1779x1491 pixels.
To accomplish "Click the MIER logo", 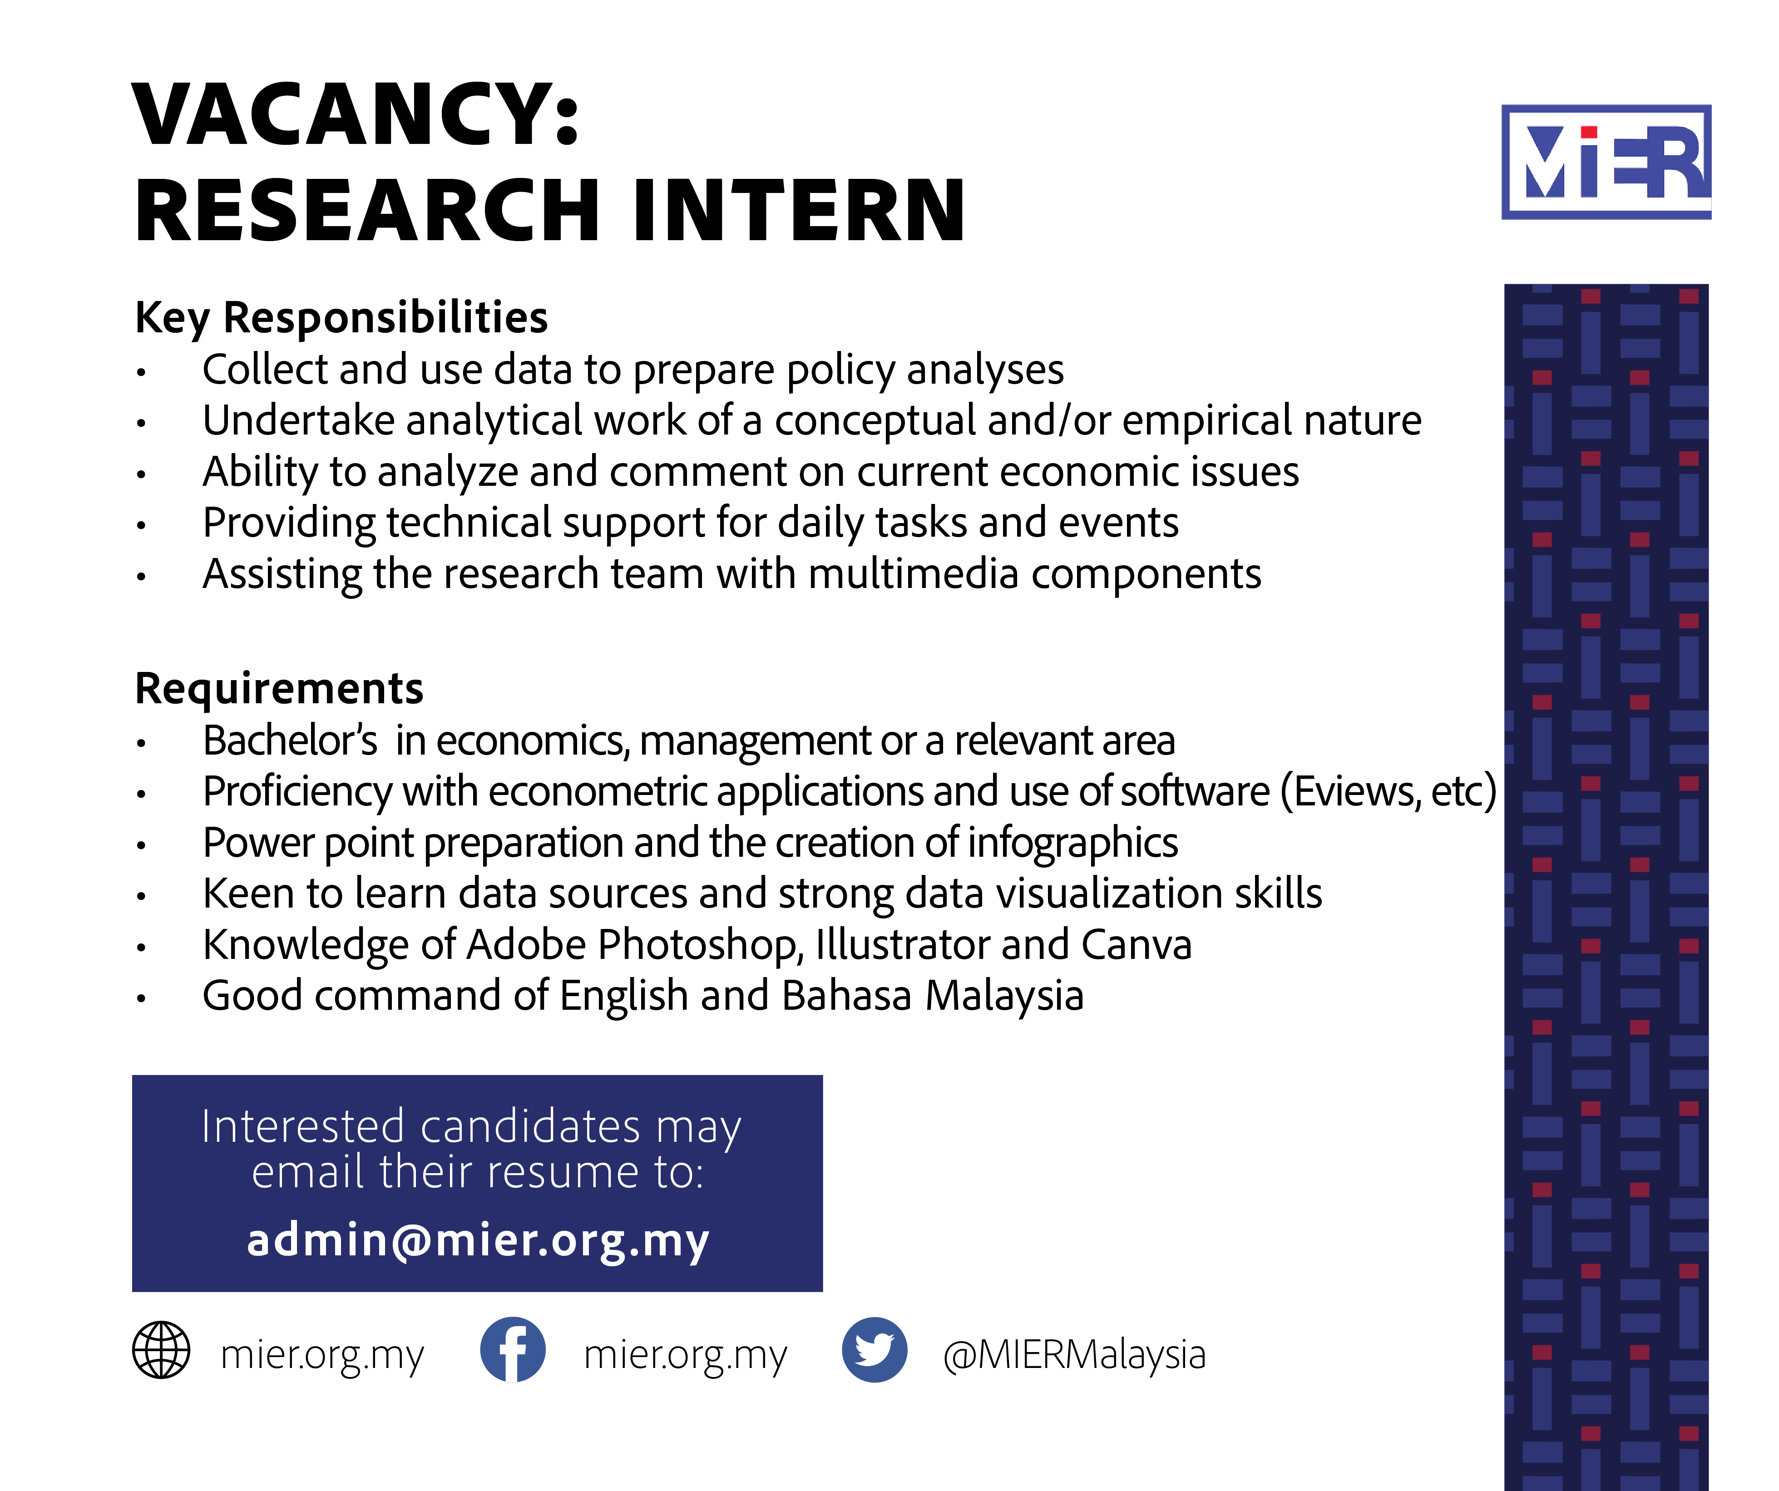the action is pyautogui.click(x=1606, y=162).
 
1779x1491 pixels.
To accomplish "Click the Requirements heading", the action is pyautogui.click(x=279, y=688).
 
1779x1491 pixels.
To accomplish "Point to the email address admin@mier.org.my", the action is pyautogui.click(x=478, y=1240).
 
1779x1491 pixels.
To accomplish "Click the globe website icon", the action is pyautogui.click(x=161, y=1349).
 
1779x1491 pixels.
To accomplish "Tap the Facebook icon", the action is pyautogui.click(x=513, y=1349).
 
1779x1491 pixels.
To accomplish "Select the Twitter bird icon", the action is pyautogui.click(x=874, y=1349).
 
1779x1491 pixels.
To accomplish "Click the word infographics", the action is pyautogui.click(x=1072, y=844).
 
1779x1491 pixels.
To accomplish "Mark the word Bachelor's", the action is pyautogui.click(x=290, y=741).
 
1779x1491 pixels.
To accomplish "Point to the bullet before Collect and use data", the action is pyautogui.click(x=142, y=372).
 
